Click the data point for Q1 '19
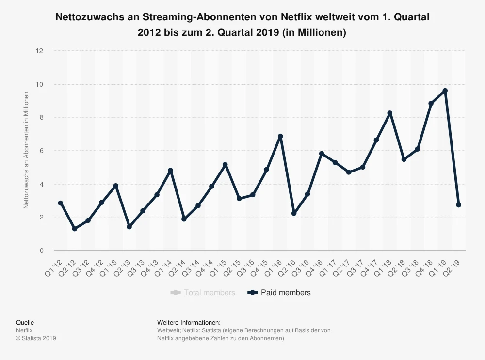(445, 91)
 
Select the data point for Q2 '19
(458, 205)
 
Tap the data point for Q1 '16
(280, 137)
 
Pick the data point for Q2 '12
(74, 229)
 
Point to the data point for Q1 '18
(389, 113)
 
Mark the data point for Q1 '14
(170, 171)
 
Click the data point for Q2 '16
(293, 214)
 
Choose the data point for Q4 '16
(321, 154)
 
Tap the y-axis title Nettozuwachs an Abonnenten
(27, 150)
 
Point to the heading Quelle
(25, 322)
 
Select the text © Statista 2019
(36, 338)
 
